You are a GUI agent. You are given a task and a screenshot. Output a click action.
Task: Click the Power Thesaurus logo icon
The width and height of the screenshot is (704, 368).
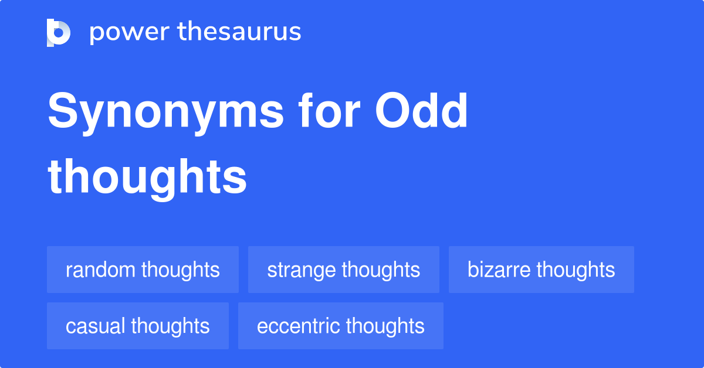point(59,32)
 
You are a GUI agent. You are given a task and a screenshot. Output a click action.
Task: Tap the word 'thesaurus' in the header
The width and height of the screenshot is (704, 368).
point(239,32)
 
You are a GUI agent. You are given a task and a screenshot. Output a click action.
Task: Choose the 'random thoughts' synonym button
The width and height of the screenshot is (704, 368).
point(143,270)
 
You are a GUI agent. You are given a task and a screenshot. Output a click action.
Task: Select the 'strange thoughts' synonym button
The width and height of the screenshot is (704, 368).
point(343,270)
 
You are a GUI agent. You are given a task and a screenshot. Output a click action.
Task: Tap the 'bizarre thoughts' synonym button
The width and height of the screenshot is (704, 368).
point(541,270)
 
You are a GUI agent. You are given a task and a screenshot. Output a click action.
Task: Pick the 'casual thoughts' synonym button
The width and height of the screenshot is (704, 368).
point(138,326)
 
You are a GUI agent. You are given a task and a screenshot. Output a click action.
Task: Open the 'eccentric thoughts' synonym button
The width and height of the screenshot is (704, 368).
point(340,326)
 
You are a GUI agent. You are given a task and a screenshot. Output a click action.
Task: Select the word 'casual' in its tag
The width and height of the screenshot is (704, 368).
point(96,326)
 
